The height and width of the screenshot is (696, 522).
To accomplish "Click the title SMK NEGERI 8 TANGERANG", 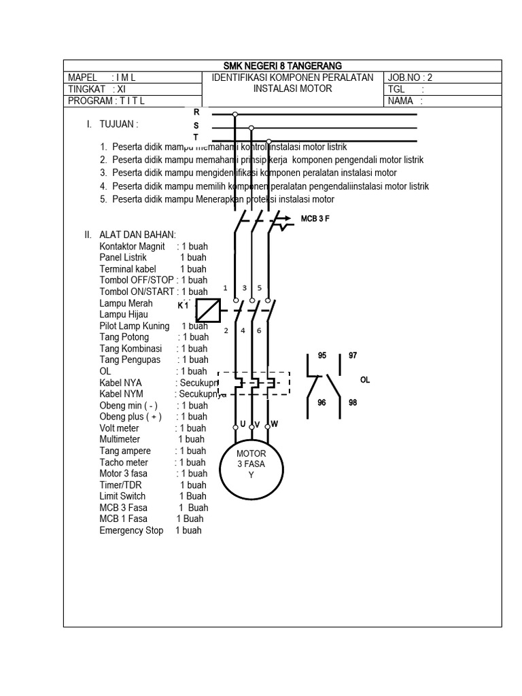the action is (283, 65).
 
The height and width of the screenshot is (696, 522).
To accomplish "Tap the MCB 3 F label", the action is (315, 219).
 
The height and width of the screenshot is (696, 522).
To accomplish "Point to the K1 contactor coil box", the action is (208, 310).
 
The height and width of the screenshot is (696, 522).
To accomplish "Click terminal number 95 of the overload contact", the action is (322, 355).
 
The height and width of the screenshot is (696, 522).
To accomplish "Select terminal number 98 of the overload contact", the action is (353, 403).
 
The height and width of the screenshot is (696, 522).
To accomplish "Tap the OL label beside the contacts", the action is (365, 380).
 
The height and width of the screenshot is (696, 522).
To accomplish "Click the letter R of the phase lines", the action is (196, 111).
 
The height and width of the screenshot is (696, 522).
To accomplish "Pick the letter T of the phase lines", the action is (196, 137).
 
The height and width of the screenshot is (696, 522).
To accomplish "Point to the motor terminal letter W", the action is (275, 424).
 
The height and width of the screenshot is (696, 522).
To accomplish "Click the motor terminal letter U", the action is (242, 423).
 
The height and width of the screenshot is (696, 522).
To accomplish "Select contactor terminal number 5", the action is (259, 288).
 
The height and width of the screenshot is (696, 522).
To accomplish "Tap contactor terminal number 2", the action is (226, 331).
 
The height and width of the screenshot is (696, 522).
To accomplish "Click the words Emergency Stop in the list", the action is (131, 530).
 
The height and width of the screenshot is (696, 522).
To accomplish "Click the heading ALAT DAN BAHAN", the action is (137, 235).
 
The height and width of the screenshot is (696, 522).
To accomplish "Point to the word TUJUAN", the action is (119, 125).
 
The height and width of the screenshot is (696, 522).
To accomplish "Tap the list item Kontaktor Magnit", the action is (133, 246).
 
